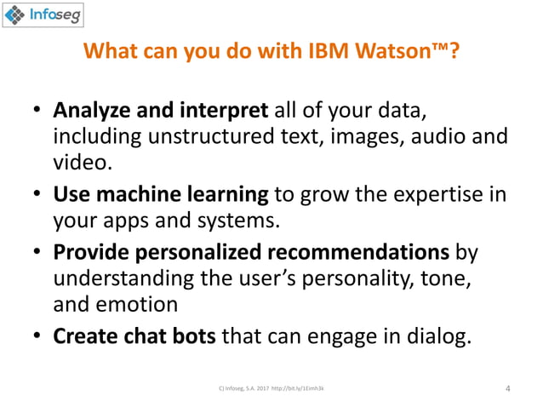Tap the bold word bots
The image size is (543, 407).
(191, 336)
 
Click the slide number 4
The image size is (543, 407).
(508, 389)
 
